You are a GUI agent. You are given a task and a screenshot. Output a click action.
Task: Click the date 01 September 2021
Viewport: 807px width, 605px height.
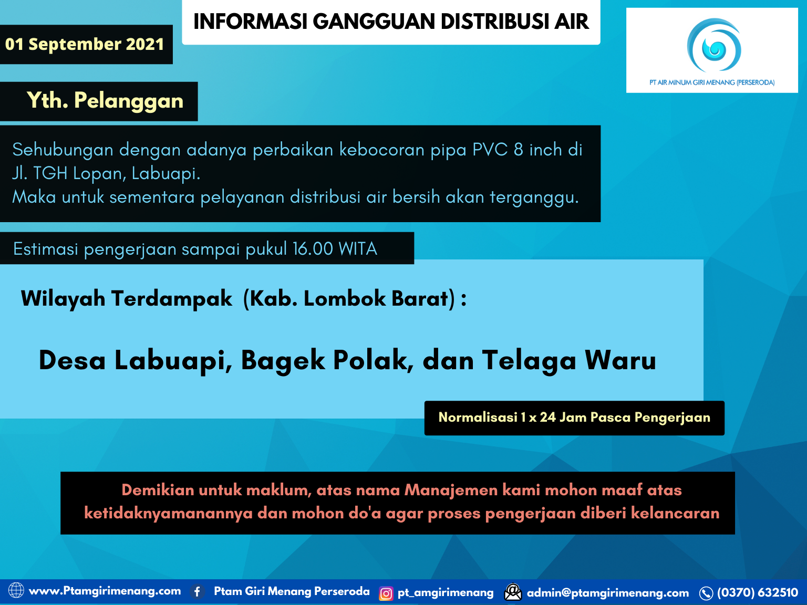tap(85, 44)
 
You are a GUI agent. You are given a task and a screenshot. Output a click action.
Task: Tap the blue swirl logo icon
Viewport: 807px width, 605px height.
tap(714, 46)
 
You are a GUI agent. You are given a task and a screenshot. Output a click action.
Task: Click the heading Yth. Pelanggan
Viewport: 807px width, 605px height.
tap(105, 101)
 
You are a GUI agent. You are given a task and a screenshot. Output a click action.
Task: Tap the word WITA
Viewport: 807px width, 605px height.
tap(358, 248)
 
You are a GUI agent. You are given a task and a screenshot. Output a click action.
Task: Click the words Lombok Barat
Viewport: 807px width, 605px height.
tap(376, 298)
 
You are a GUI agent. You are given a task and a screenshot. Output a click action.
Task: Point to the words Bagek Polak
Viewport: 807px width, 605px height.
tap(326, 360)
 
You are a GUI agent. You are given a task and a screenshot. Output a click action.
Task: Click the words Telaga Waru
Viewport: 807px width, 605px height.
tap(569, 360)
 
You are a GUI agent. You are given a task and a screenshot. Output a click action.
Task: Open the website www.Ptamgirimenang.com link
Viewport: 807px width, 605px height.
tap(105, 591)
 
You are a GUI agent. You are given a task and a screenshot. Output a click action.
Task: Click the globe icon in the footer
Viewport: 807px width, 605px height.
tap(16, 591)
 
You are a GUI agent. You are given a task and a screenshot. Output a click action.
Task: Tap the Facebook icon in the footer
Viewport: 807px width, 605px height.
tap(198, 592)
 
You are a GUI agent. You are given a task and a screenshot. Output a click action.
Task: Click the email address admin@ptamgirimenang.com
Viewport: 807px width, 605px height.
tap(607, 593)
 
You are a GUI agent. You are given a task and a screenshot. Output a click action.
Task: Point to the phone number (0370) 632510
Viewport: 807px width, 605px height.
tap(757, 593)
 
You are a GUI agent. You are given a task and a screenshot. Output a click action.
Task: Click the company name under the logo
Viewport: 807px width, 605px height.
tap(712, 82)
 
